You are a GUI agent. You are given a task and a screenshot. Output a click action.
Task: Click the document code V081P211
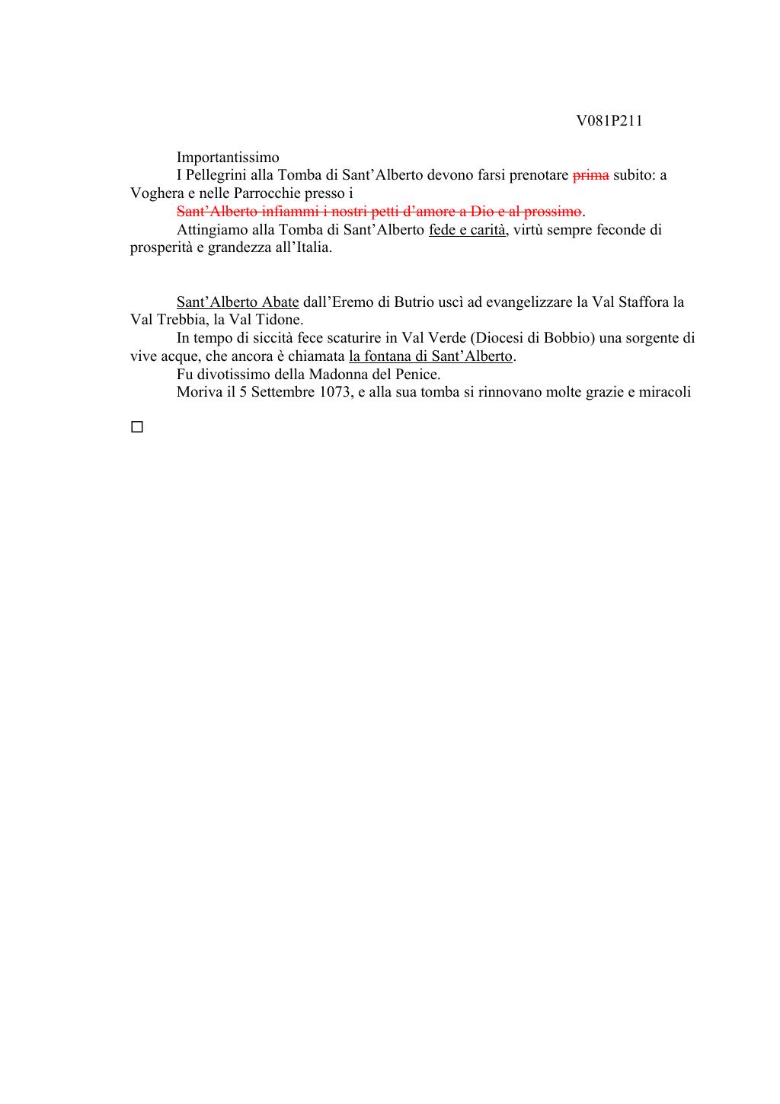coord(609,121)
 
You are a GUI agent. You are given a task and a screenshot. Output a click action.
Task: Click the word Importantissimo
coord(228,158)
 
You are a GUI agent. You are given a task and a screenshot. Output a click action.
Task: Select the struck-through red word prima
coord(590,175)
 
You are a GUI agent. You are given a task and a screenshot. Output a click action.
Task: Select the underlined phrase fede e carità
coord(468,229)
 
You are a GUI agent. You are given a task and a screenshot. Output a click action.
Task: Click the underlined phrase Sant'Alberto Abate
coord(237,302)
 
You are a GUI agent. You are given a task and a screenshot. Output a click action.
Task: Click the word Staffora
coord(638,302)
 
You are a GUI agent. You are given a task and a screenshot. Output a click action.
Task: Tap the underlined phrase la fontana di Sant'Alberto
coord(431,356)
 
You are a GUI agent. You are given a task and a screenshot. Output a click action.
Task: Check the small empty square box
coord(137,427)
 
